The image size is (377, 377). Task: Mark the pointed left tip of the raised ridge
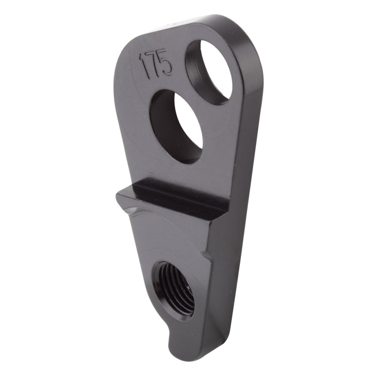pos(119,194)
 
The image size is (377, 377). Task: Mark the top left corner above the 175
pos(125,47)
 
